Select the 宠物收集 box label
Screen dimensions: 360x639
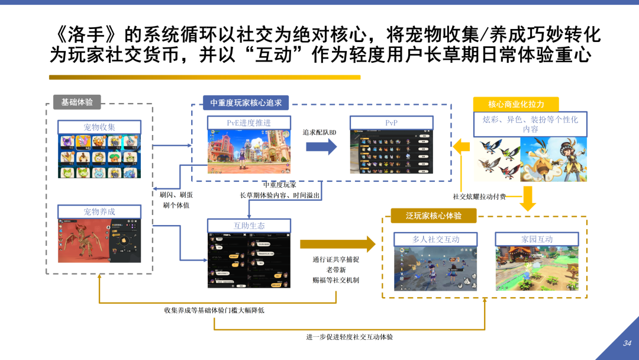pyautogui.click(x=99, y=127)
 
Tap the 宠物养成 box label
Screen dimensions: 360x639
pyautogui.click(x=99, y=212)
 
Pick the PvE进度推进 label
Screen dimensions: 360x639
pyautogui.click(x=249, y=123)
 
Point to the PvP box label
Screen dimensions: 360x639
pyautogui.click(x=391, y=123)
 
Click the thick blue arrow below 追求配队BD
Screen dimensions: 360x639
pyautogui.click(x=321, y=148)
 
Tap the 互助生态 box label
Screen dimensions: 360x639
pyautogui.click(x=249, y=226)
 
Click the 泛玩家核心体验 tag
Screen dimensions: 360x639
pyautogui.click(x=434, y=216)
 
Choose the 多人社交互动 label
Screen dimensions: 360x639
pyautogui.click(x=435, y=239)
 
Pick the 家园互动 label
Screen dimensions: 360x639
pyautogui.click(x=537, y=239)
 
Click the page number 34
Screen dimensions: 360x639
pyautogui.click(x=627, y=343)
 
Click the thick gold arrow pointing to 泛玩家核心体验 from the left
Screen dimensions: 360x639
pyautogui.click(x=337, y=244)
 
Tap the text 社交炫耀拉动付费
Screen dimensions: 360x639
pyautogui.click(x=479, y=197)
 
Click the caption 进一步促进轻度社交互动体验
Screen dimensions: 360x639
pyautogui.click(x=349, y=337)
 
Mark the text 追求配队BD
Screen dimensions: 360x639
pyautogui.click(x=319, y=132)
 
